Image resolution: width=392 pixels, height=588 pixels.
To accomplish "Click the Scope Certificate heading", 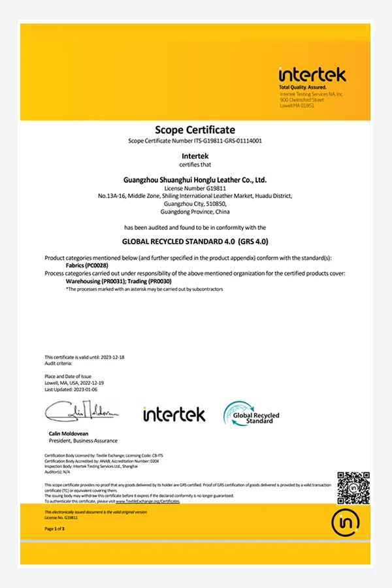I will point(195,129).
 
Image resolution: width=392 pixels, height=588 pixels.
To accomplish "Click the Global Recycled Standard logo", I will point(252,414).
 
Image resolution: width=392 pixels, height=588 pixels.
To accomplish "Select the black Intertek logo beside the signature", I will point(174,414).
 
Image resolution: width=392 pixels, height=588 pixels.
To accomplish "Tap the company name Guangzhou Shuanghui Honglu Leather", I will point(195,179).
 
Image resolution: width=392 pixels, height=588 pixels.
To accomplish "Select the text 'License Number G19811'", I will point(195,188).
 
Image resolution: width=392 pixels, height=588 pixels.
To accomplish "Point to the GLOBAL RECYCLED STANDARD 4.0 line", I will point(195,240).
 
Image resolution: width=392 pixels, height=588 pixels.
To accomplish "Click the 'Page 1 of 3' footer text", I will point(54,528).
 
